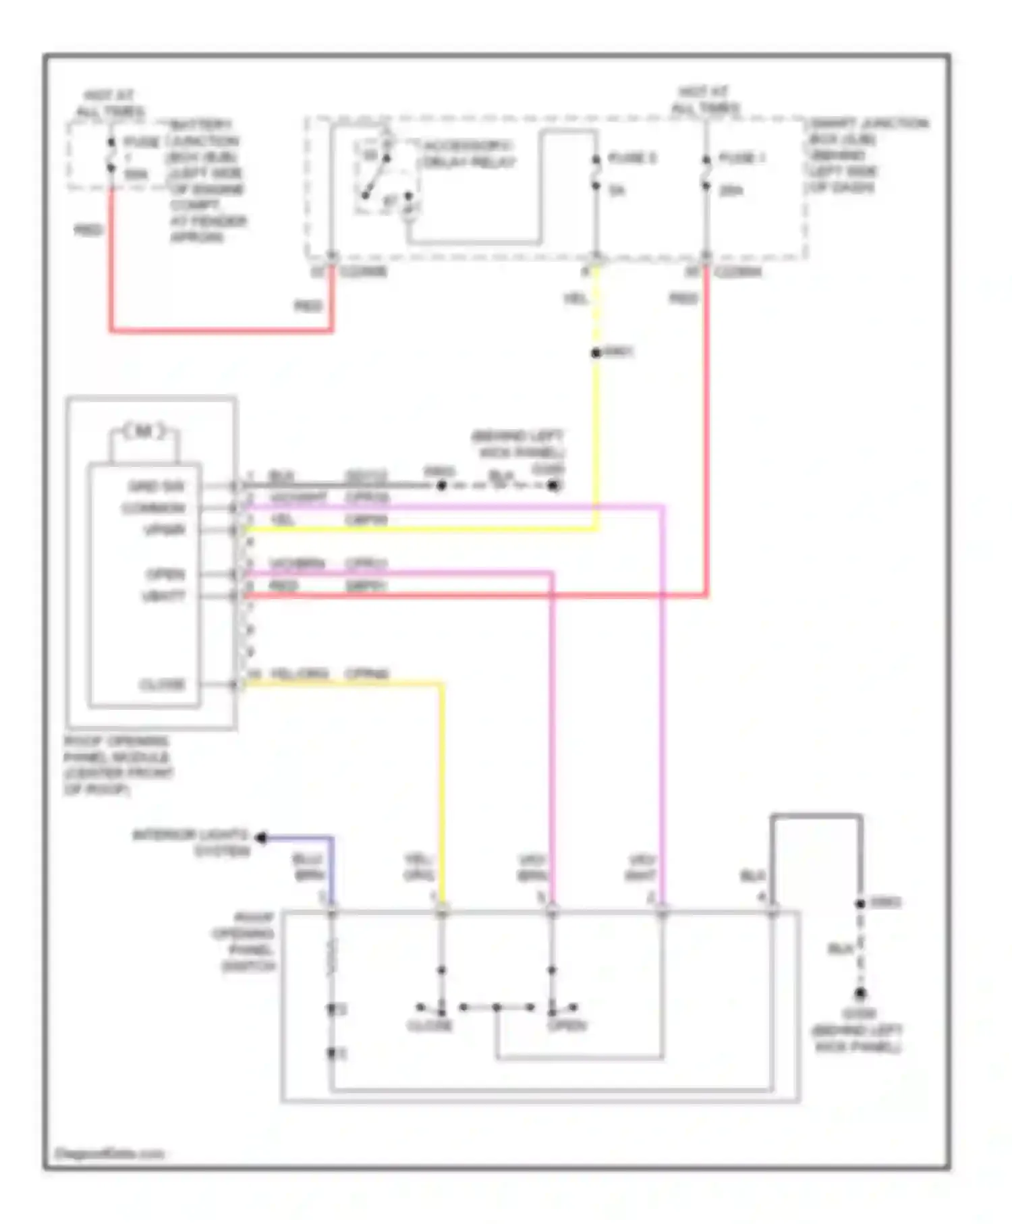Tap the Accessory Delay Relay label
[468, 155]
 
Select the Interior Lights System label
[191, 842]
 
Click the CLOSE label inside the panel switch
[430, 1026]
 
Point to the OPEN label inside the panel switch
[567, 1026]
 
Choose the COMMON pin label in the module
[153, 508]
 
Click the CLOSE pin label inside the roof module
[162, 685]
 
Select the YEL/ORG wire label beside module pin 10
[300, 673]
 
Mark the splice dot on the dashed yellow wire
[596, 353]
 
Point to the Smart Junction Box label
[868, 155]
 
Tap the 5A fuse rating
[617, 191]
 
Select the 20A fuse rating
[731, 191]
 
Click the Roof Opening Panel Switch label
[244, 942]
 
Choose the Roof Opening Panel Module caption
[118, 765]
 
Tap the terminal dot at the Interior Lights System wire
[261, 838]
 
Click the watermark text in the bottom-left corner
[109, 1154]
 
